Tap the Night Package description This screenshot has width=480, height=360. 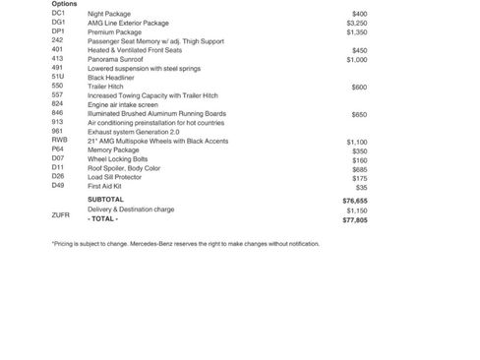point(109,14)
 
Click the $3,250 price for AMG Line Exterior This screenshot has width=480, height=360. point(357,23)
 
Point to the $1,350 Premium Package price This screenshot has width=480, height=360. point(357,31)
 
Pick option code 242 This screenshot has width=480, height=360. point(57,40)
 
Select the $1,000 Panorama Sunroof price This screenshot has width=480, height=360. point(357,59)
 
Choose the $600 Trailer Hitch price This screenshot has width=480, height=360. point(359,87)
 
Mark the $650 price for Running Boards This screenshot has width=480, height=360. point(359,114)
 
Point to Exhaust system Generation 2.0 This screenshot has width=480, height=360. point(134,132)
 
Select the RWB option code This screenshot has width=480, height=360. point(60,141)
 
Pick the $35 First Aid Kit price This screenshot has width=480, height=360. point(361,187)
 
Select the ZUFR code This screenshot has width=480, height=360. point(61,214)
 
